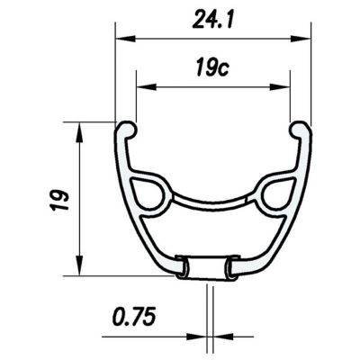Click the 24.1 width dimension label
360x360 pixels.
click(212, 20)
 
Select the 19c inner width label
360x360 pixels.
click(212, 67)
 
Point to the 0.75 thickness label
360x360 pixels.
click(134, 317)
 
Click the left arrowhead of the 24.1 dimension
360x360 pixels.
click(125, 39)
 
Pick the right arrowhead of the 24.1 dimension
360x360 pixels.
click(300, 39)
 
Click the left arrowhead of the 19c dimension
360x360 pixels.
click(147, 87)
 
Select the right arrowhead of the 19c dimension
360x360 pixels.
click(280, 87)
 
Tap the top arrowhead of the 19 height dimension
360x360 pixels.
click(79, 132)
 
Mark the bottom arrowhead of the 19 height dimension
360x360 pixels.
click(79, 265)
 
